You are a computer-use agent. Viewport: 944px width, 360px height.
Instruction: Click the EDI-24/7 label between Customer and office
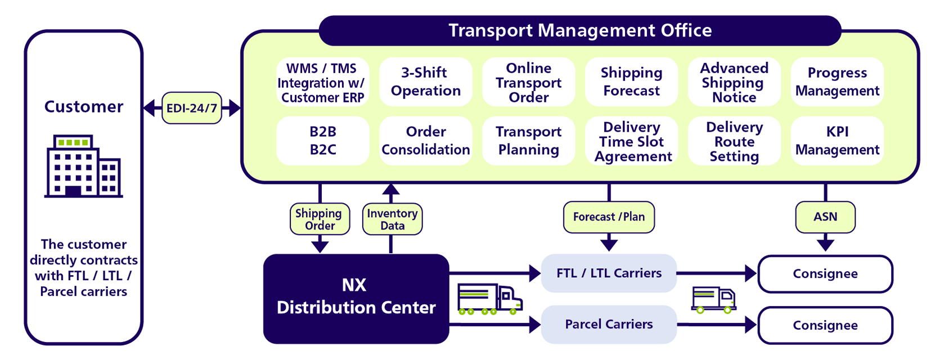[x=192, y=108]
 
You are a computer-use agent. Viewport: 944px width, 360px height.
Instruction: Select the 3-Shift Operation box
[x=425, y=82]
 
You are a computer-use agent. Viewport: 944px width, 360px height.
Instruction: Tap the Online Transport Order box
[x=528, y=82]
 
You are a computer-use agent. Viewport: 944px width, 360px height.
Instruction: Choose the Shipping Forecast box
[x=631, y=82]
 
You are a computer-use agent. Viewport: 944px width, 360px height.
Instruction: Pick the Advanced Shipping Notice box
[x=734, y=82]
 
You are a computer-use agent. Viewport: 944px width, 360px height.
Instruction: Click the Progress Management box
[x=837, y=82]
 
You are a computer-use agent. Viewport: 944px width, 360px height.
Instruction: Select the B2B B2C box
[x=323, y=141]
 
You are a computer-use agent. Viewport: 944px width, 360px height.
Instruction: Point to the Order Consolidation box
[x=425, y=141]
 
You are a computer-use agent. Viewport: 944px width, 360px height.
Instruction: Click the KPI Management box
[x=837, y=141]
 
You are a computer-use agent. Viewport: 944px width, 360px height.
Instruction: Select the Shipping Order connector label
[x=320, y=219]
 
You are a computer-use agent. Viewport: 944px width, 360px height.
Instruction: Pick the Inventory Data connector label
[x=392, y=219]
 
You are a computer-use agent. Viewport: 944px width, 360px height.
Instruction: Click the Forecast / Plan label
[x=609, y=217]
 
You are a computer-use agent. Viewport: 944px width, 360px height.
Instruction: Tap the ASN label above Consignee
[x=825, y=217]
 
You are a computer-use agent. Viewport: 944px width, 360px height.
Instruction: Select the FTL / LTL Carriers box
[x=609, y=273]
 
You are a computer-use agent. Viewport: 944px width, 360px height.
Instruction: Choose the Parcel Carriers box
[x=609, y=325]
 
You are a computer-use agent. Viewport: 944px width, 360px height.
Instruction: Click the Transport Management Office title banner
[x=580, y=30]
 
